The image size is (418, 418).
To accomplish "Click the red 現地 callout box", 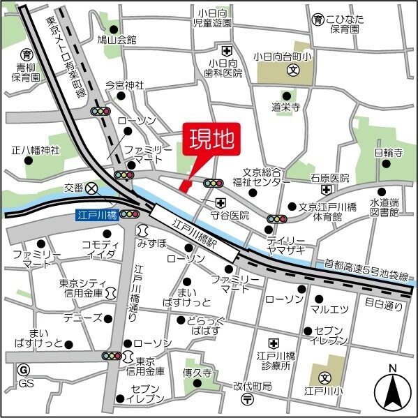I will (211, 140).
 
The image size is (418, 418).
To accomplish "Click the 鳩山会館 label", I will (117, 40).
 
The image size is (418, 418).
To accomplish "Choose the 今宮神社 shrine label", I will (124, 85).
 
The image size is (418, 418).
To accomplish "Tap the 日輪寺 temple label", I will (387, 151).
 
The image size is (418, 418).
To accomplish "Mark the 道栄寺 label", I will (286, 107).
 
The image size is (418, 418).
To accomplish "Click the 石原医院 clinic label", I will (329, 178).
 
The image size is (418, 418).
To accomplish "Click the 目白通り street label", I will (384, 304).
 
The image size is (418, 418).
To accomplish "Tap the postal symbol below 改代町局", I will (247, 398).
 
